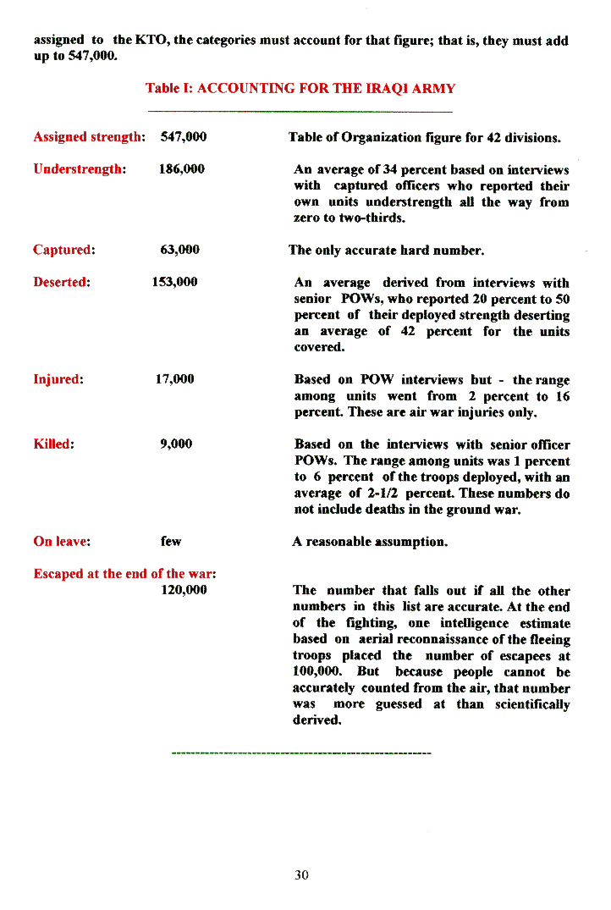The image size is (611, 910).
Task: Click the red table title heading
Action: (300, 88)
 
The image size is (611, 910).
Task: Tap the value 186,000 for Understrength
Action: (182, 168)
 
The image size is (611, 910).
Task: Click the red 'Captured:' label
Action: (63, 250)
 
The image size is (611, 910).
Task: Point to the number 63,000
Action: (179, 250)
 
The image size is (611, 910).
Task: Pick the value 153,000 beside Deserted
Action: (175, 282)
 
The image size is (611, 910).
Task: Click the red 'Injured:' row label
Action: (58, 379)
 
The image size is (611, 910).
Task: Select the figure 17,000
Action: (175, 379)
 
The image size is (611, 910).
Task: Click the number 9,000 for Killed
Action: (176, 444)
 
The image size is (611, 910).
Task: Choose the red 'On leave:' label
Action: (62, 541)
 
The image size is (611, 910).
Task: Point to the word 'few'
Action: (171, 541)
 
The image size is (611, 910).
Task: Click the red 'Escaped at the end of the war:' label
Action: (124, 574)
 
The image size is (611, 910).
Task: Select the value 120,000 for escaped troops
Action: (184, 590)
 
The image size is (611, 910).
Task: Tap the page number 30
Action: (301, 875)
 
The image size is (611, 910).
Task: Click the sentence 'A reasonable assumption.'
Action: (369, 541)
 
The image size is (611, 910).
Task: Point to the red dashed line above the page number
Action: (300, 751)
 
